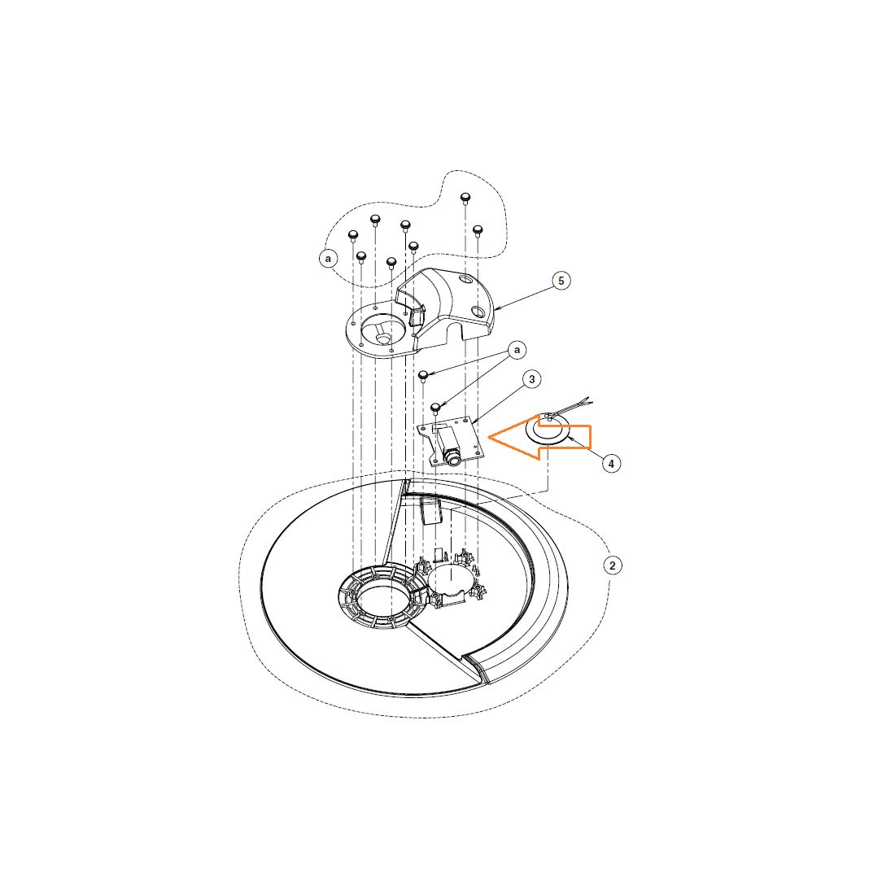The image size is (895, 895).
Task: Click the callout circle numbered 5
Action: [x=561, y=281]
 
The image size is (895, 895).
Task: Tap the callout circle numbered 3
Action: [x=532, y=380]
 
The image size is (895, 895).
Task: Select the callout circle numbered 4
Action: [x=611, y=464]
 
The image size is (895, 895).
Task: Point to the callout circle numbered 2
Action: [x=613, y=565]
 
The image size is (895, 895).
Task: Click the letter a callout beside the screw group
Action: [x=328, y=259]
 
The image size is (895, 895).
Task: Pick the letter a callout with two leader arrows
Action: [x=517, y=350]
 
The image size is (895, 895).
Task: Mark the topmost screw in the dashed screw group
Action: [x=465, y=199]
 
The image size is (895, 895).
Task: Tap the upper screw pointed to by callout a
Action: [x=424, y=376]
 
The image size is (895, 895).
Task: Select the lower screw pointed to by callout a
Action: [x=436, y=408]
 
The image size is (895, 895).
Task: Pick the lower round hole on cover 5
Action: [x=478, y=311]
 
